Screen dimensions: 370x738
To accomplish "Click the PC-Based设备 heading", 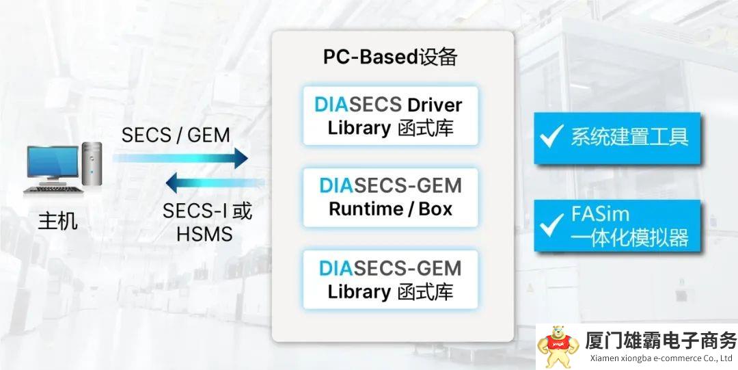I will [390, 57].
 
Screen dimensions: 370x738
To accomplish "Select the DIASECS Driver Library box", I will [390, 116].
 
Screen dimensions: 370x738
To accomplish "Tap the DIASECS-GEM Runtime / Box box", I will [390, 197].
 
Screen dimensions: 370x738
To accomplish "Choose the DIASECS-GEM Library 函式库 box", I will [390, 279].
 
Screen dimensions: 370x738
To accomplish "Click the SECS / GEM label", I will [176, 135].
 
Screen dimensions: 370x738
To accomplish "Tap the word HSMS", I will [204, 234].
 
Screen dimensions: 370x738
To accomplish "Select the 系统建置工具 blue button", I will [617, 137].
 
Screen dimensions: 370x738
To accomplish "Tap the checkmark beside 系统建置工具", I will [551, 136].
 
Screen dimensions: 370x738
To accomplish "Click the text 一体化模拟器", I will [629, 237].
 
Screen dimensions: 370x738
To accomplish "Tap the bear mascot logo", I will [557, 345].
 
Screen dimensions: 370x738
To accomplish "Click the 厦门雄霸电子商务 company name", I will [660, 340].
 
